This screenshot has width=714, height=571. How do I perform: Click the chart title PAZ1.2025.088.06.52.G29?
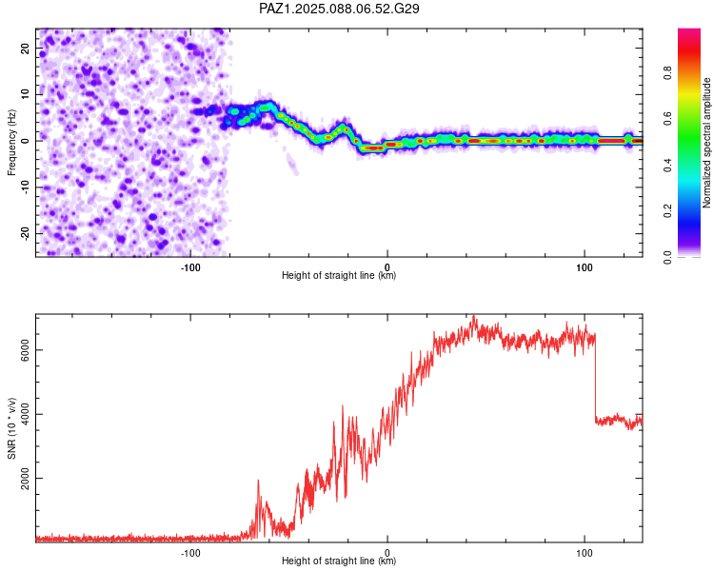(x=339, y=9)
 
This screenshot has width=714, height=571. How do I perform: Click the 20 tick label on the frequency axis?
(x=25, y=49)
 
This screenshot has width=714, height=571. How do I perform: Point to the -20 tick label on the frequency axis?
(x=25, y=233)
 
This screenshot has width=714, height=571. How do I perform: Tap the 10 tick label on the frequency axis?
(x=25, y=94)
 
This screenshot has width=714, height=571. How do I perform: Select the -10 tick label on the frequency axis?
(x=25, y=187)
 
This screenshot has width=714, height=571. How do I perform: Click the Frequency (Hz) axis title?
(x=11, y=143)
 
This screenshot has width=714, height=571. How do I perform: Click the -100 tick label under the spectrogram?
(x=190, y=267)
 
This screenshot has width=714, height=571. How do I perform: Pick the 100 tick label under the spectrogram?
(x=585, y=267)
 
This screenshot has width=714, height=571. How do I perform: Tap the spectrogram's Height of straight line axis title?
(x=339, y=275)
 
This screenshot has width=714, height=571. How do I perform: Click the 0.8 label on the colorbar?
(x=667, y=73)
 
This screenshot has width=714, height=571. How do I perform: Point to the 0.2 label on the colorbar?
(x=667, y=211)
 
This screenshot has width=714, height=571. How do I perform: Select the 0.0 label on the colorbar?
(x=667, y=257)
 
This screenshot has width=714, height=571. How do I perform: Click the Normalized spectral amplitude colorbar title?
(x=706, y=143)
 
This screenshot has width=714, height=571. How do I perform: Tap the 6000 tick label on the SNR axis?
(x=25, y=350)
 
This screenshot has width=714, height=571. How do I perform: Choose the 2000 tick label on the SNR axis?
(x=25, y=478)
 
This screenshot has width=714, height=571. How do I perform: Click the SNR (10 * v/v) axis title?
(x=11, y=428)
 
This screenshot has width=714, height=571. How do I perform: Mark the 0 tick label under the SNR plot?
(x=387, y=553)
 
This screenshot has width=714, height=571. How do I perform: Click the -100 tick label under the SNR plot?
(x=190, y=553)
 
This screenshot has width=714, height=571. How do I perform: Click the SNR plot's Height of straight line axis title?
(x=339, y=561)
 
